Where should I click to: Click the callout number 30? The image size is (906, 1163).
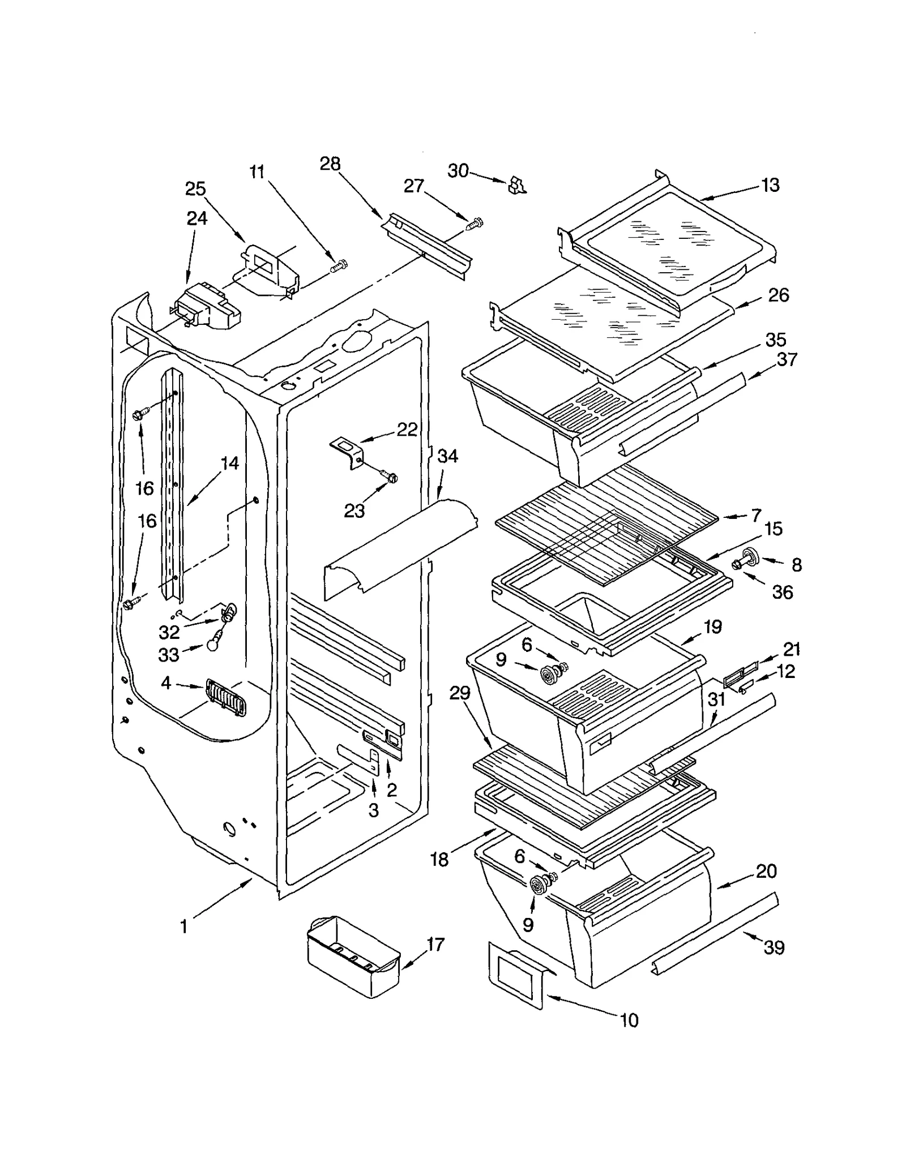pos(458,170)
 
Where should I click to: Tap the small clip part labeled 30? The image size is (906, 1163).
pos(516,184)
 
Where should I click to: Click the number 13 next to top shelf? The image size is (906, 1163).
pos(770,185)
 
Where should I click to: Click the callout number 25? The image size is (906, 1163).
pos(195,188)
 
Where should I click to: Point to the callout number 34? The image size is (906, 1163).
pos(447,456)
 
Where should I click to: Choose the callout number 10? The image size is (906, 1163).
pos(629,1020)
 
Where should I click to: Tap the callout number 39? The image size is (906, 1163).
pos(773,947)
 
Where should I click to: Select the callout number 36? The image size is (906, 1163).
pos(782,592)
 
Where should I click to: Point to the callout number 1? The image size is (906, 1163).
pos(183,926)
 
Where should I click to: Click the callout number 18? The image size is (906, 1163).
pos(439,860)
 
